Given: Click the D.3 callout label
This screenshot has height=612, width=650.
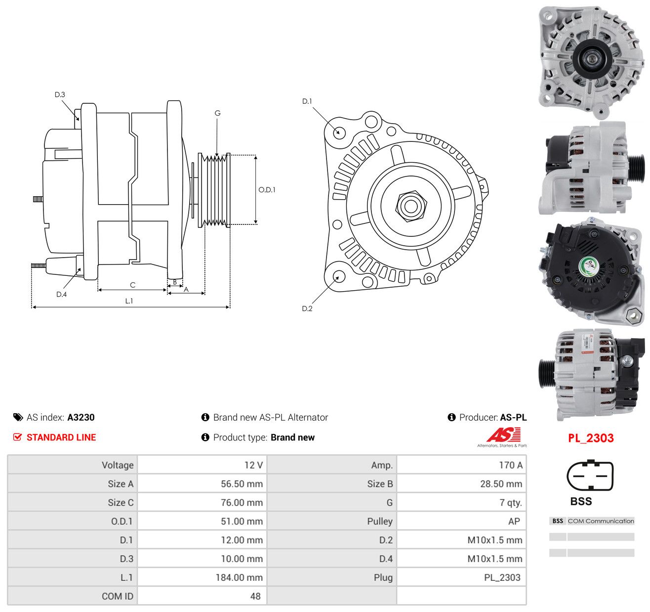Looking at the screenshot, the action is pyautogui.click(x=60, y=94).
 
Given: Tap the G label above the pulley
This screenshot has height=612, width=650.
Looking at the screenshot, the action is pyautogui.click(x=217, y=113).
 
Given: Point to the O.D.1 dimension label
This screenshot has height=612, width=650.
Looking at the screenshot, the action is pyautogui.click(x=267, y=190).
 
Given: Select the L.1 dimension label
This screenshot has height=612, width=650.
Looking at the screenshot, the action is pyautogui.click(x=129, y=301).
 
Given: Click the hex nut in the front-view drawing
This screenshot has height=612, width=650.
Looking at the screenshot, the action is pyautogui.click(x=411, y=206).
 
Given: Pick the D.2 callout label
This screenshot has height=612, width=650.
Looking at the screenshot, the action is pyautogui.click(x=307, y=308).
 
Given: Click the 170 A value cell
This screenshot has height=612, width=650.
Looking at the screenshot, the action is pyautogui.click(x=511, y=465).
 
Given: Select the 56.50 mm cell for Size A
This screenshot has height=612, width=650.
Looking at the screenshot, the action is pyautogui.click(x=242, y=483).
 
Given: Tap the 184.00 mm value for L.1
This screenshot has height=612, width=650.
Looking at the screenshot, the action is pyautogui.click(x=239, y=577).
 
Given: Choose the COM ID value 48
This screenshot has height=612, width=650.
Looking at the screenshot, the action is pyautogui.click(x=255, y=596).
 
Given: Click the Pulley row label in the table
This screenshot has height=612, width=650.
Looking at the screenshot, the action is pyautogui.click(x=380, y=521).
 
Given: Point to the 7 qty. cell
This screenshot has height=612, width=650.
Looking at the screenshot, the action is pyautogui.click(x=511, y=503).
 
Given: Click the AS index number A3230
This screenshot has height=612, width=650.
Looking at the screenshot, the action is pyautogui.click(x=81, y=417).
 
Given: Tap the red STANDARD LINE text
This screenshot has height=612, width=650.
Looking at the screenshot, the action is pyautogui.click(x=61, y=437).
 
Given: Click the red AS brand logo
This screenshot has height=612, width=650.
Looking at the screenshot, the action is pyautogui.click(x=503, y=435).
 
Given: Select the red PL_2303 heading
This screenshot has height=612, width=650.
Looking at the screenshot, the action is pyautogui.click(x=591, y=438).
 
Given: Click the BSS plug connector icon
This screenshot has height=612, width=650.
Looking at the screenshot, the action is pyautogui.click(x=590, y=476).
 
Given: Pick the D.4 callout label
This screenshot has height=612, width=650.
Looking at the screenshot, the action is pyautogui.click(x=61, y=294).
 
